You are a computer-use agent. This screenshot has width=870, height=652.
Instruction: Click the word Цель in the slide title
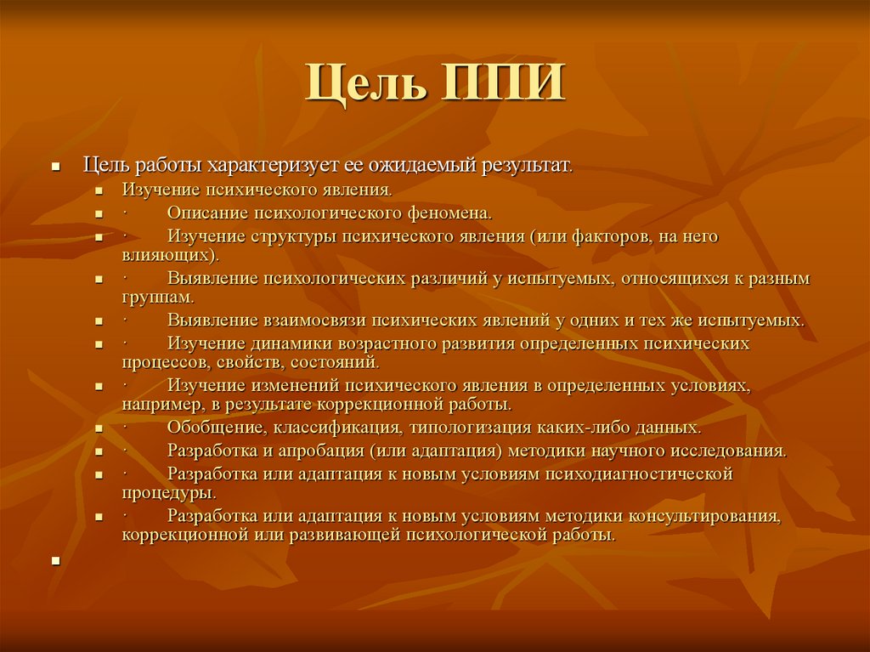pyautogui.click(x=369, y=82)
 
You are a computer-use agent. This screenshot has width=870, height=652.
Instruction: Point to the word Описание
pyautogui.click(x=206, y=212)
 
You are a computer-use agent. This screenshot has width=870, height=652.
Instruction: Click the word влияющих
pyautogui.click(x=167, y=253)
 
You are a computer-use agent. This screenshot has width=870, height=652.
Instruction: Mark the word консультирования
pyautogui.click(x=703, y=516)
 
